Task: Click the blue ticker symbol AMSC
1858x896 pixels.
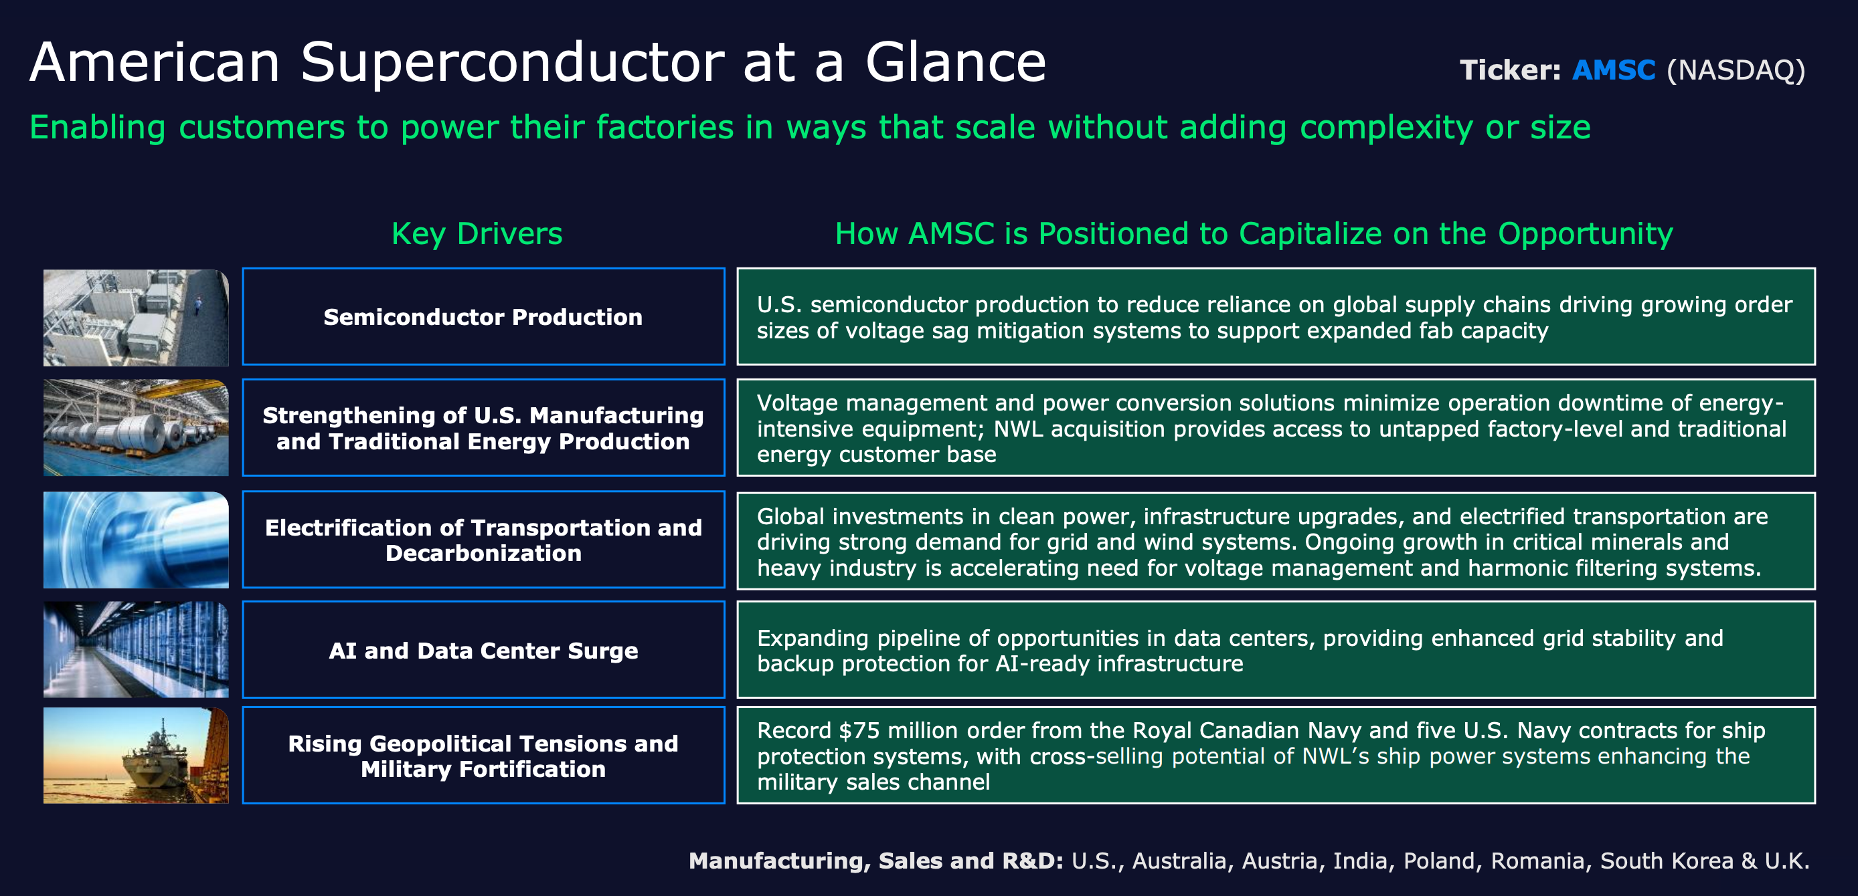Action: point(1613,70)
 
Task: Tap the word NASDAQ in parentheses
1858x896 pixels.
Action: point(1736,70)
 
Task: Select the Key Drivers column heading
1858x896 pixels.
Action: point(477,233)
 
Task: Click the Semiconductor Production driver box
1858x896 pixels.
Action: point(483,316)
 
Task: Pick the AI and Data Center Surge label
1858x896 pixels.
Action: point(483,650)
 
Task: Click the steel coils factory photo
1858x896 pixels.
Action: point(136,427)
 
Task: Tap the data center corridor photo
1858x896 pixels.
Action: point(136,649)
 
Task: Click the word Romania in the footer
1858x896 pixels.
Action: point(1537,861)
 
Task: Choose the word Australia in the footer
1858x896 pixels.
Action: point(1179,861)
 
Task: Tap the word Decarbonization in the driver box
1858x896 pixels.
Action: point(483,553)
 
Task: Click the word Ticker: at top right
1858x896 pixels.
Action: point(1510,70)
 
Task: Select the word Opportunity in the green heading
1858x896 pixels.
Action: point(1586,233)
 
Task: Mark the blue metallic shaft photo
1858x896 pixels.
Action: point(136,539)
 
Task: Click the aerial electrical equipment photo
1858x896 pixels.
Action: point(136,317)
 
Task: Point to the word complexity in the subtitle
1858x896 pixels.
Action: point(1385,128)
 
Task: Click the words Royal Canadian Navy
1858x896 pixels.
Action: point(1247,730)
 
